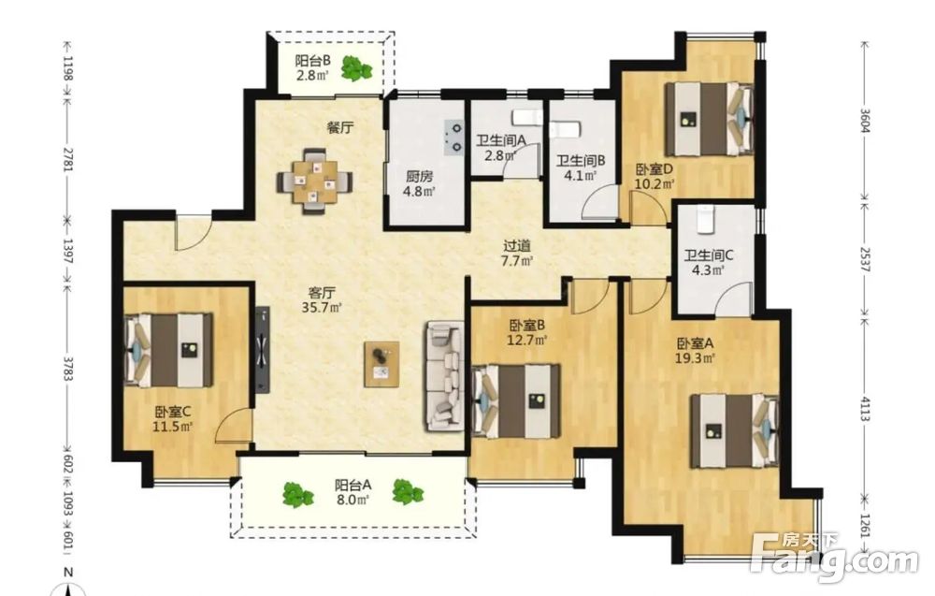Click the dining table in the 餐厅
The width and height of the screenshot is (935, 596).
click(315, 182)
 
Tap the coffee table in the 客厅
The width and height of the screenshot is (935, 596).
click(381, 365)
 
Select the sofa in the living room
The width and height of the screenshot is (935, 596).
click(445, 376)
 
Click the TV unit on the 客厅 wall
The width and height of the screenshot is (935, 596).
click(263, 350)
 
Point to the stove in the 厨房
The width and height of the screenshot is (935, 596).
click(453, 137)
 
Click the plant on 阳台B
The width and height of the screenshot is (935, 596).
click(356, 68)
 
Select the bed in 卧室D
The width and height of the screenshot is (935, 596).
click(709, 120)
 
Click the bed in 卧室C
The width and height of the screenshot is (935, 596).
click(168, 350)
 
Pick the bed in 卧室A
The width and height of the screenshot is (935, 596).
click(735, 430)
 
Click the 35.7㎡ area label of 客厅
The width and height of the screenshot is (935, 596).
click(322, 308)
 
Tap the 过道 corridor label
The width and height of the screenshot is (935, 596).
click(517, 246)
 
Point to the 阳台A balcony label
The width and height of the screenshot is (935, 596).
click(353, 485)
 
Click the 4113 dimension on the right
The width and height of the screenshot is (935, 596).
click(865, 409)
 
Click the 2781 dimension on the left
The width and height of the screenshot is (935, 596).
click(68, 159)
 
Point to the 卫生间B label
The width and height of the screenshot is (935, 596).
click(581, 161)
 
